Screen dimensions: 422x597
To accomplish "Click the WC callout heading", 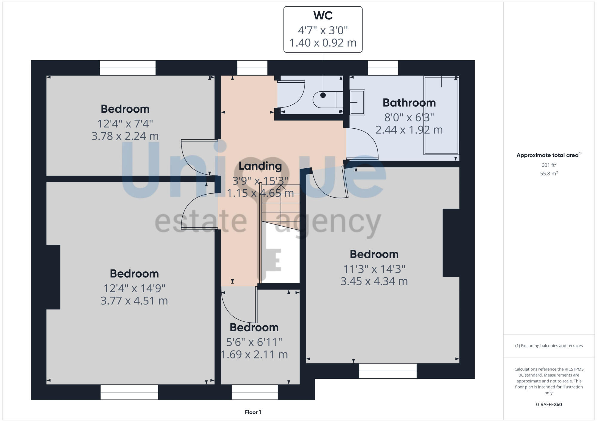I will tap(323, 16).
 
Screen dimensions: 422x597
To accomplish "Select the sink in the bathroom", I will tap(357, 102).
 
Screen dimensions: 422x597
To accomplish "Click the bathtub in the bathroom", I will tap(441, 115).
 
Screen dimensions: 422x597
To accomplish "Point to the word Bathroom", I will tap(409, 103).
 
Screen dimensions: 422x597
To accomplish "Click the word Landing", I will tap(260, 166).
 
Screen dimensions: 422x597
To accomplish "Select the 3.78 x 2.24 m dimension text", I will tap(125, 136).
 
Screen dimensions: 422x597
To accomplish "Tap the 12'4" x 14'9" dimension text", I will tap(134, 288).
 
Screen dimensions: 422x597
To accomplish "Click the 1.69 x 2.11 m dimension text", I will tap(254, 355).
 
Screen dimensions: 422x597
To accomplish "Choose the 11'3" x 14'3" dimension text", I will tap(374, 269).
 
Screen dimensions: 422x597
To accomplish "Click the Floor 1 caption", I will tap(253, 412).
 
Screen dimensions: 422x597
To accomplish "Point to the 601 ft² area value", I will tap(549, 165).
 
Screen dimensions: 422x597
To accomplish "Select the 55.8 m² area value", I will tap(549, 173).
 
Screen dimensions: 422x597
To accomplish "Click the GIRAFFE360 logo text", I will tap(549, 405).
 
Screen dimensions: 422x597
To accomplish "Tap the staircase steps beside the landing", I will tap(281, 206).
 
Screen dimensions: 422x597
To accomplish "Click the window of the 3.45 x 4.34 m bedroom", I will tap(387, 371).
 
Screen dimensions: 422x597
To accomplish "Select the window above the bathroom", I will tap(383, 68).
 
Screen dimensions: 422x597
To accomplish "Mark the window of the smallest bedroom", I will tap(255, 392).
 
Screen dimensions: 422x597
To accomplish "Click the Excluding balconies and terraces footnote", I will tap(549, 346).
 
